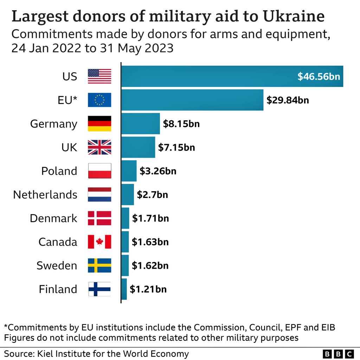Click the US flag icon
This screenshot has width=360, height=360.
tap(99, 76)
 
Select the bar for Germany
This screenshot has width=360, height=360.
tap(140, 123)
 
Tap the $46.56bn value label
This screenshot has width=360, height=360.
tap(319, 76)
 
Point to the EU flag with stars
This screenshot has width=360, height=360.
tap(99, 100)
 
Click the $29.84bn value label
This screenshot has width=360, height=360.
tap(288, 100)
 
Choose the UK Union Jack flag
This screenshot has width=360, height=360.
tap(99, 147)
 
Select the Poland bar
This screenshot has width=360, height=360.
tap(129, 171)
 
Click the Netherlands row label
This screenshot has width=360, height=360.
tap(45, 194)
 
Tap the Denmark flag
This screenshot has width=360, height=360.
tap(99, 218)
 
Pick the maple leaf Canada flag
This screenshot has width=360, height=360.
tap(99, 242)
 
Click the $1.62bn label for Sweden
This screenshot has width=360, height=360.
tap(150, 265)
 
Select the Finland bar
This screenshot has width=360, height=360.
tap(124, 289)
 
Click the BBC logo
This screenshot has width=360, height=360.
tap(338, 353)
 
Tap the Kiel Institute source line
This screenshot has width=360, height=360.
tap(96, 353)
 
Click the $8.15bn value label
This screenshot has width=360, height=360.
tap(181, 124)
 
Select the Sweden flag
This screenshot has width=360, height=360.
tap(99, 265)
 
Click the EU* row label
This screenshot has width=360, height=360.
tap(67, 100)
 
